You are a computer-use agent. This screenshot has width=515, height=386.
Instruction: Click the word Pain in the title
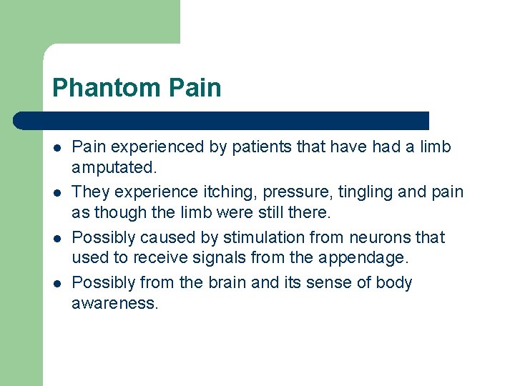point(195,88)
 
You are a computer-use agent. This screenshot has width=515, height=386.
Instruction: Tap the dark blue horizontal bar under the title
point(222,120)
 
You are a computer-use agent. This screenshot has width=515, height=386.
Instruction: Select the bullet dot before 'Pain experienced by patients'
point(57,148)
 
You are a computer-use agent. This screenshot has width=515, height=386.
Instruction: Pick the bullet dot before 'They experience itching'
point(57,193)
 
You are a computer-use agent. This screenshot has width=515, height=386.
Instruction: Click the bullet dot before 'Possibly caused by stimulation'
point(57,238)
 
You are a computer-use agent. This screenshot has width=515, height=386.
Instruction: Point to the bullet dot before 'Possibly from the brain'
point(57,283)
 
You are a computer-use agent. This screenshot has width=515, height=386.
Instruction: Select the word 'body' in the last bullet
point(395,282)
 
